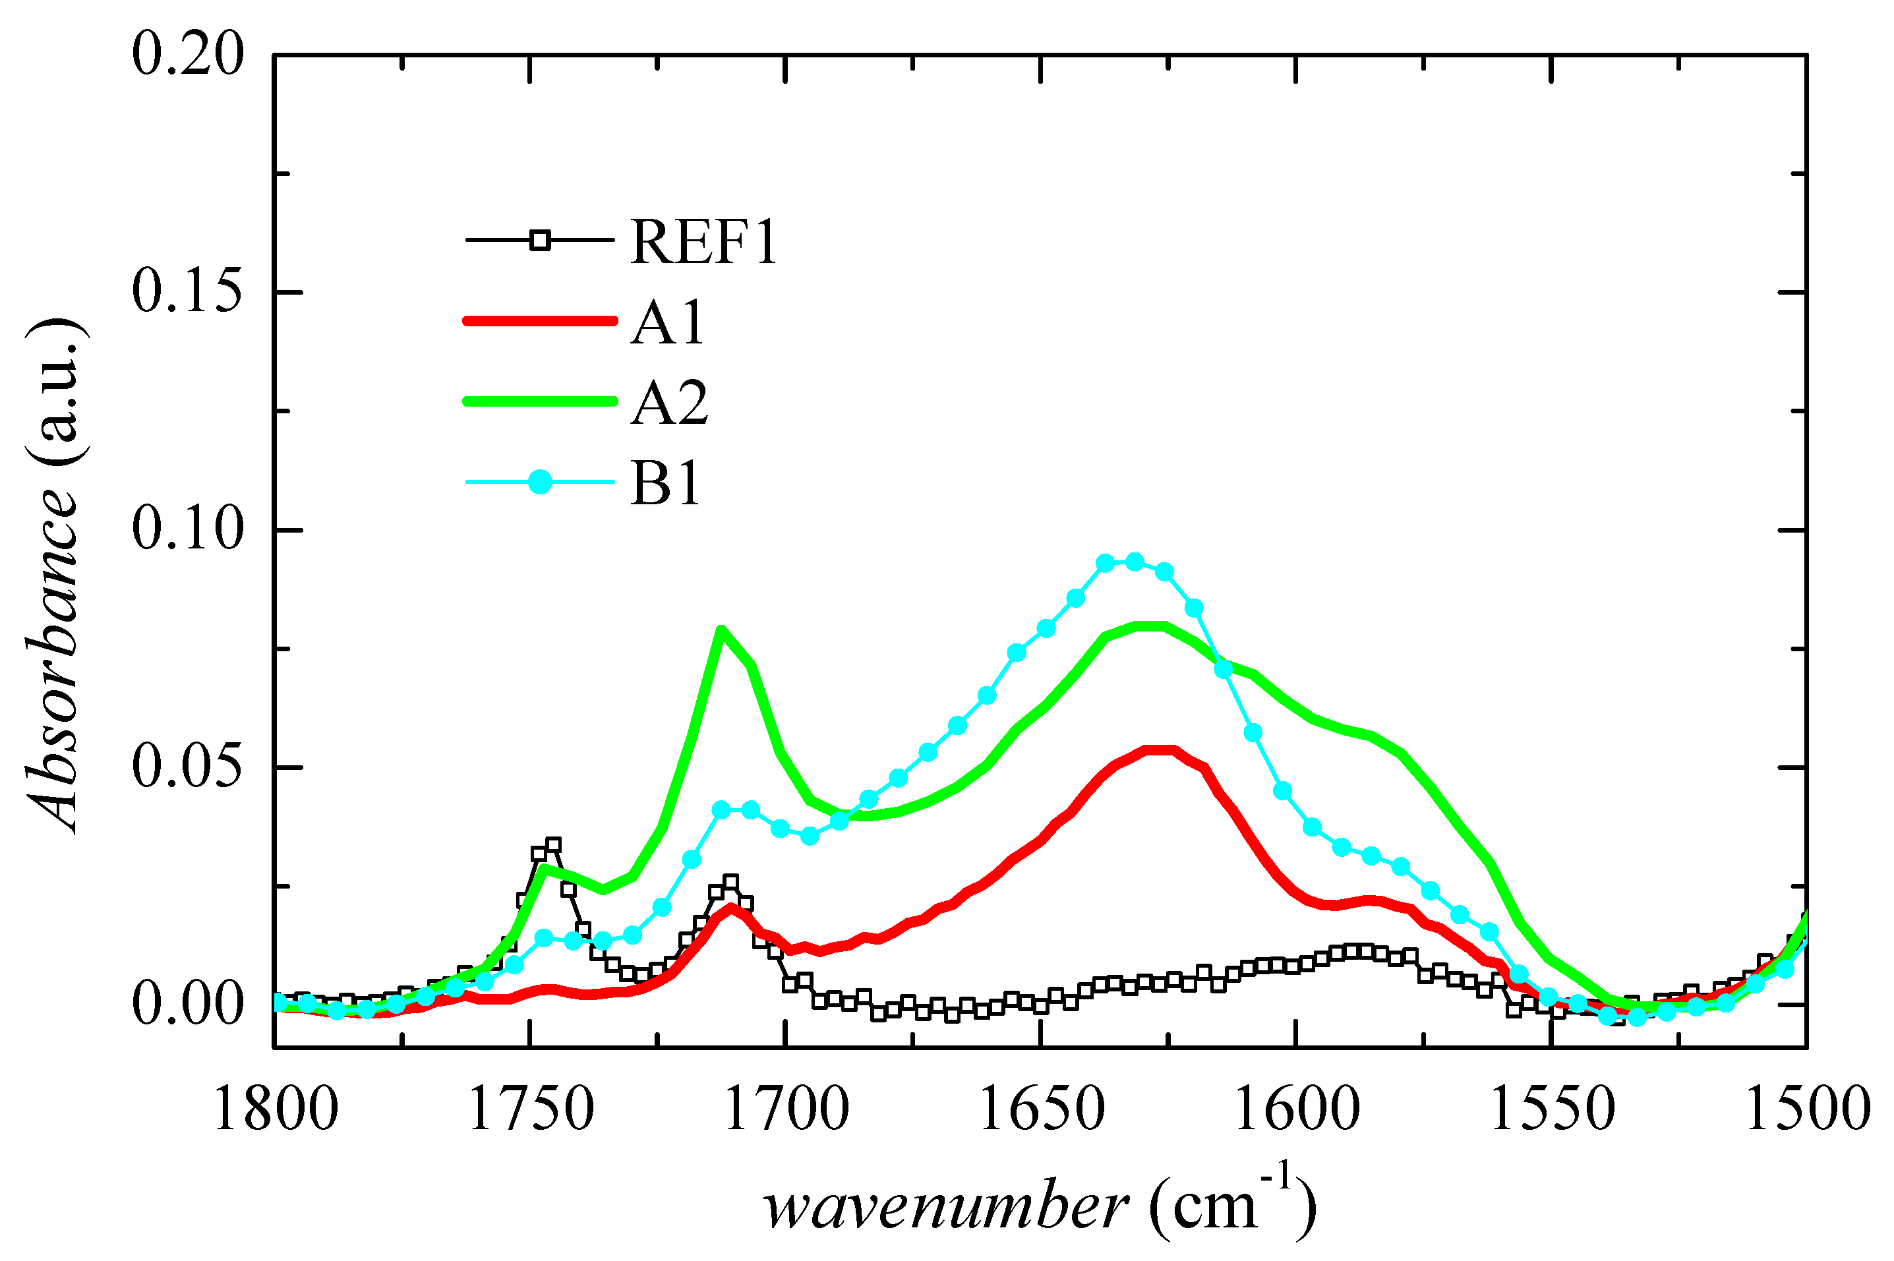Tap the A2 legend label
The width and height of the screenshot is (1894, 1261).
tap(669, 402)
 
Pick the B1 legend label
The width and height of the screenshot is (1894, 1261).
tap(665, 483)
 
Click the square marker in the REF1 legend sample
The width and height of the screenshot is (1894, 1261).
tap(541, 240)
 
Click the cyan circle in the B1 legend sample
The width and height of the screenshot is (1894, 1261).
tap(541, 483)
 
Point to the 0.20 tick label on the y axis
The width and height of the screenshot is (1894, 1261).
tap(187, 55)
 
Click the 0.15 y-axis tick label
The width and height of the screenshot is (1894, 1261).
tap(187, 291)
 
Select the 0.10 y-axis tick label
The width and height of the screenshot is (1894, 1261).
tap(187, 529)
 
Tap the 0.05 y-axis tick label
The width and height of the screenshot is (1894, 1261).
tap(187, 767)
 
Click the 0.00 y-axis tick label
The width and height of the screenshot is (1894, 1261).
tap(187, 1005)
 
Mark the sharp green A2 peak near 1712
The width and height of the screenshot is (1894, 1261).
tap(721, 630)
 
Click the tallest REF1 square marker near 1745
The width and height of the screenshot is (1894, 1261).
tap(552, 845)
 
